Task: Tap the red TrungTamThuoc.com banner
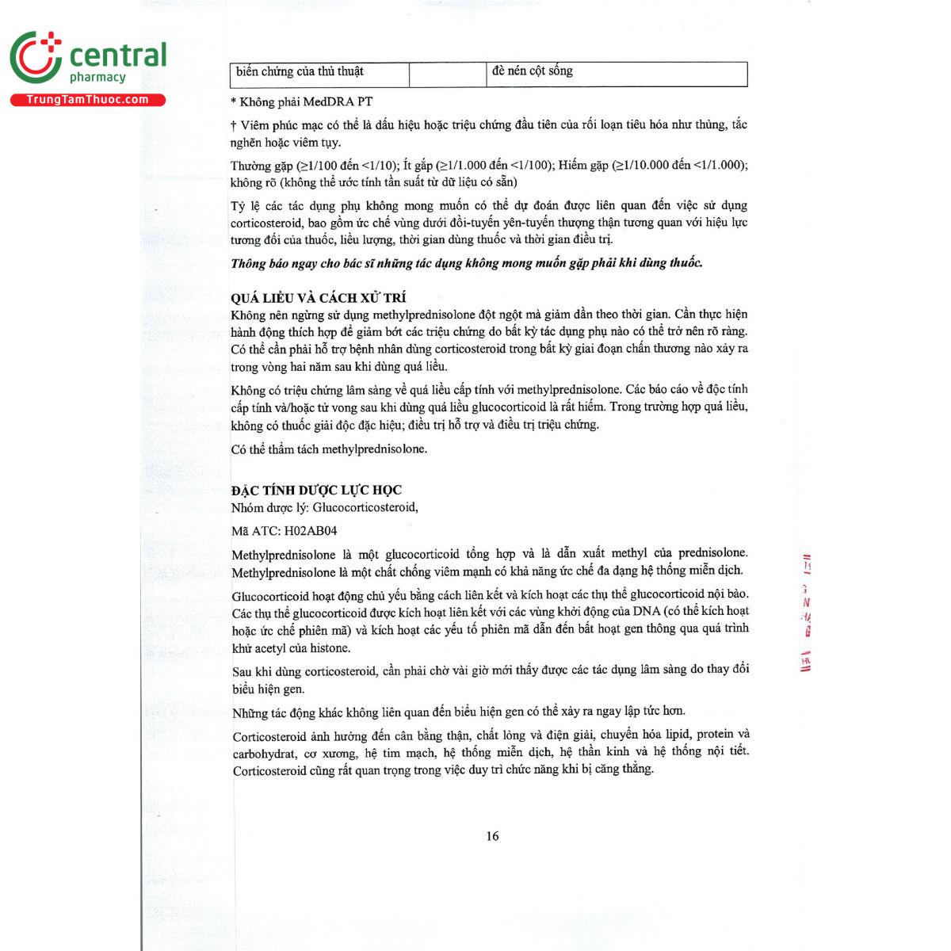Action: pyautogui.click(x=87, y=100)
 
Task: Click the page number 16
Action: pyautogui.click(x=492, y=836)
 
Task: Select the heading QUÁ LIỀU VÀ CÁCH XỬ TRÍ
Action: pyautogui.click(x=319, y=298)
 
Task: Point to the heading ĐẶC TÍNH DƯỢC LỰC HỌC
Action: pyautogui.click(x=316, y=490)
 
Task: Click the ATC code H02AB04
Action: pyautogui.click(x=311, y=531)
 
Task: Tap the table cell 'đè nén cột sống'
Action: pyautogui.click(x=532, y=71)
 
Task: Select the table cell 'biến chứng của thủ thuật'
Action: pyautogui.click(x=300, y=72)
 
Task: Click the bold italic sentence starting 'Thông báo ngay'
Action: pyautogui.click(x=466, y=263)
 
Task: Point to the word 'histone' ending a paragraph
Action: pyautogui.click(x=330, y=648)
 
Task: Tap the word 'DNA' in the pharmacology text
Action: pyautogui.click(x=646, y=611)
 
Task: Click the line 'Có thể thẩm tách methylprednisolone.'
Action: pyautogui.click(x=329, y=449)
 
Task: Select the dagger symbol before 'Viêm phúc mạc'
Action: pyautogui.click(x=234, y=125)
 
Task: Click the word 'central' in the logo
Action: pyautogui.click(x=118, y=55)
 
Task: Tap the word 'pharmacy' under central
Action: pyautogui.click(x=97, y=78)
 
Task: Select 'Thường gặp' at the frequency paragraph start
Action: pyautogui.click(x=262, y=166)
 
